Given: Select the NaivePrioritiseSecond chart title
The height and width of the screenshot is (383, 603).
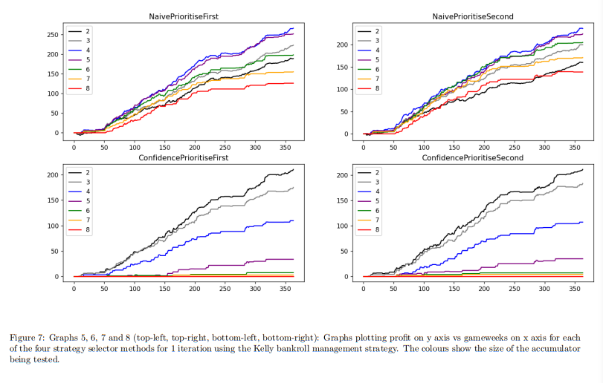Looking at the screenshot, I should click(x=473, y=16).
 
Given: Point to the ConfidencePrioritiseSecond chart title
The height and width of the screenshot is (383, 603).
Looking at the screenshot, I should click(x=473, y=158).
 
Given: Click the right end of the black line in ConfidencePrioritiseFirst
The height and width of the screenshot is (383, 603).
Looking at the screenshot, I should click(x=294, y=169).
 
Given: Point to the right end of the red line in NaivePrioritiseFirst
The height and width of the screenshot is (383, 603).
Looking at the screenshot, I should click(x=294, y=83).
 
